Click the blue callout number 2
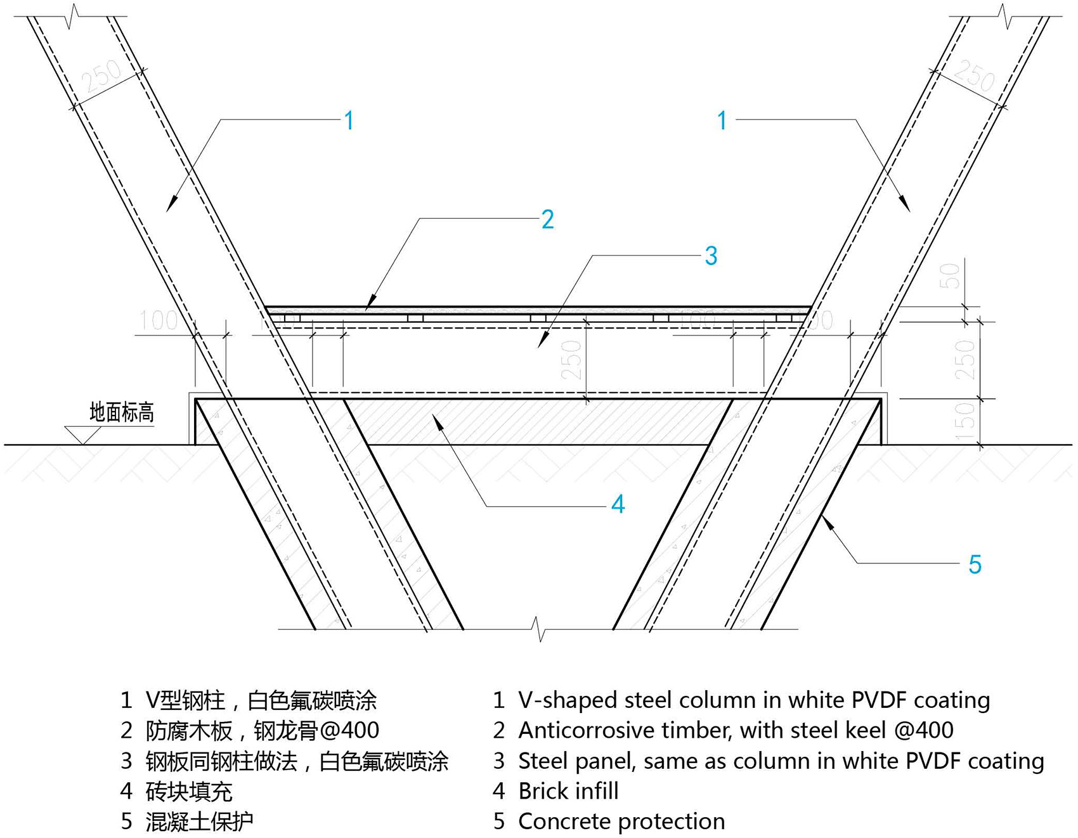tap(548, 219)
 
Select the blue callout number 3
tap(711, 256)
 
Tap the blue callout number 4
tap(618, 504)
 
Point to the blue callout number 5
tap(975, 564)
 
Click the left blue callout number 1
tap(349, 121)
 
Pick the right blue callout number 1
tap(722, 121)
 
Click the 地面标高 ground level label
tap(122, 412)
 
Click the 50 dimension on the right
tap(950, 277)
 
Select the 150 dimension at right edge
tap(964, 421)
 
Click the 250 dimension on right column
tap(974, 76)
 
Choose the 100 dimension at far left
tap(158, 320)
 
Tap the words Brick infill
tap(568, 791)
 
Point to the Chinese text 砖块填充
tap(189, 792)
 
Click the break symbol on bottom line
tap(539, 629)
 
